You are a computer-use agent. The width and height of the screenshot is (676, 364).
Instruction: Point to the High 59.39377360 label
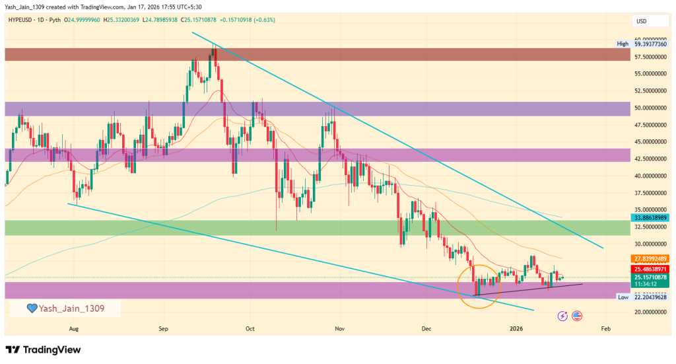coord(642,44)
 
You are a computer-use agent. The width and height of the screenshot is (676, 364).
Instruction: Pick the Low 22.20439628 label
coord(642,298)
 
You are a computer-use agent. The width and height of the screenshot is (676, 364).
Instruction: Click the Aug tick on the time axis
coord(73,327)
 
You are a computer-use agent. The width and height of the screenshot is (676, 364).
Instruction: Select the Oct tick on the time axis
coord(250,327)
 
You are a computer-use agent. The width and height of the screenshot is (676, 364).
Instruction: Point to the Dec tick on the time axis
coord(426,327)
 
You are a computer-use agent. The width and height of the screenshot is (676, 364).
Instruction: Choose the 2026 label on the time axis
coord(516,327)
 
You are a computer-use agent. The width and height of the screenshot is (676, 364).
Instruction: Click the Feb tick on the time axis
coord(605,327)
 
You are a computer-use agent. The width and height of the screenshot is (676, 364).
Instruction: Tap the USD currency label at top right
coord(641,21)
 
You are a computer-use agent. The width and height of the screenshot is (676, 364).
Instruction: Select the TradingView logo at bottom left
coord(43,349)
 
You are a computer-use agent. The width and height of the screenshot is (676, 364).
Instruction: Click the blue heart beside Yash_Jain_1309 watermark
coord(31,308)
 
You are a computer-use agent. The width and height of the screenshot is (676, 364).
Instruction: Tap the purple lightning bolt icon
coord(562,316)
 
